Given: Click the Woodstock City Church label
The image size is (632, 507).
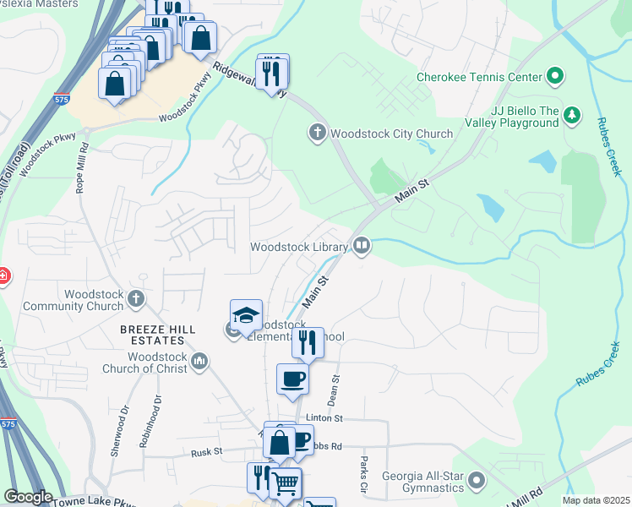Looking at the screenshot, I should point(392,134).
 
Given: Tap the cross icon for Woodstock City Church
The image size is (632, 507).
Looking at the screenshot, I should point(318,133).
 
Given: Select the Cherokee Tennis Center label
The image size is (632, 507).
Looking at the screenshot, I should point(479,78).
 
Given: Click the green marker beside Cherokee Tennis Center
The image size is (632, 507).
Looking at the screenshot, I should point(555,78).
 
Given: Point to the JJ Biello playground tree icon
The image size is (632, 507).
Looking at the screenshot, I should point(572,113).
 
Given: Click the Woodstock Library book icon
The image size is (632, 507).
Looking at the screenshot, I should point(362,246).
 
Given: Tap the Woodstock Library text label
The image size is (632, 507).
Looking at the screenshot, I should point(299,247).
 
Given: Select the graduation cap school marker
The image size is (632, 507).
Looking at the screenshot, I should point(246,315).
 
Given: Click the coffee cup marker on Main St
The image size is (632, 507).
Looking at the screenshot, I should point(292,379).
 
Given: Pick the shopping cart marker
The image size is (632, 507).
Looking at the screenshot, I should point(285,483).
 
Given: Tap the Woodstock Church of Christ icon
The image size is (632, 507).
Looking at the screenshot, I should point(199,362).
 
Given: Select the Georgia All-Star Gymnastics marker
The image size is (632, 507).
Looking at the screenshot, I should point(477,482).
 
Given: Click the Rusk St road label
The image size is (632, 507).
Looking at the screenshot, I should point(207,452).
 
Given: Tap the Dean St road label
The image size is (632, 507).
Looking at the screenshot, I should point(335,390).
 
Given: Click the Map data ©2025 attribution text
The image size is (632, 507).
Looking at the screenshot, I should point(596,500).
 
